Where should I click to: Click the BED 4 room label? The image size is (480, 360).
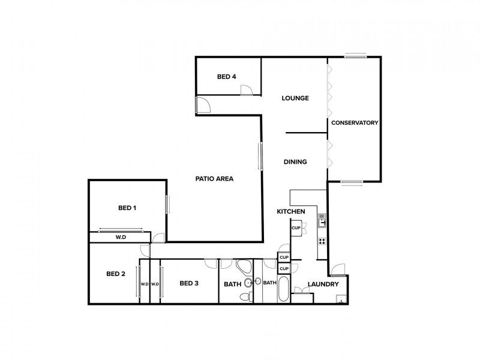(x=227, y=76)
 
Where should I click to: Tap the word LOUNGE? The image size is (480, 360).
(x=295, y=98)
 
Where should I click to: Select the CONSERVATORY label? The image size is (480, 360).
(x=354, y=123)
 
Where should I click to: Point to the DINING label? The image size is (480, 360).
(x=295, y=161)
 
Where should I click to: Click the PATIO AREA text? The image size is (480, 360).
(x=214, y=178)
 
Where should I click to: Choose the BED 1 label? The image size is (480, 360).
(x=127, y=208)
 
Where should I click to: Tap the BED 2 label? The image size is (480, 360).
(x=115, y=274)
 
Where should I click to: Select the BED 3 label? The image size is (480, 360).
(x=189, y=283)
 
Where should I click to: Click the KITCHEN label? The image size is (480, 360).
(x=291, y=212)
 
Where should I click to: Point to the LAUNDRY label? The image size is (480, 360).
(x=323, y=284)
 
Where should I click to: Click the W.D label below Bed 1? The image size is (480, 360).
(x=121, y=238)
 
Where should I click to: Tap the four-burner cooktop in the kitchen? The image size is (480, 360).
(x=322, y=241)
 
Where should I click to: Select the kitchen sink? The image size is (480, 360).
(x=322, y=221)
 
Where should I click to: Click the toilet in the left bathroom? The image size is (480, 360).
(x=245, y=298)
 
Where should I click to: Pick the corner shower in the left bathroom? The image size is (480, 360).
(x=244, y=267)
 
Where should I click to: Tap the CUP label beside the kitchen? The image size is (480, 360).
(x=296, y=228)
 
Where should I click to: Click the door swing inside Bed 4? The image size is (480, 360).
(x=246, y=90)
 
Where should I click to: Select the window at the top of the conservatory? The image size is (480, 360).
(x=355, y=57)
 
